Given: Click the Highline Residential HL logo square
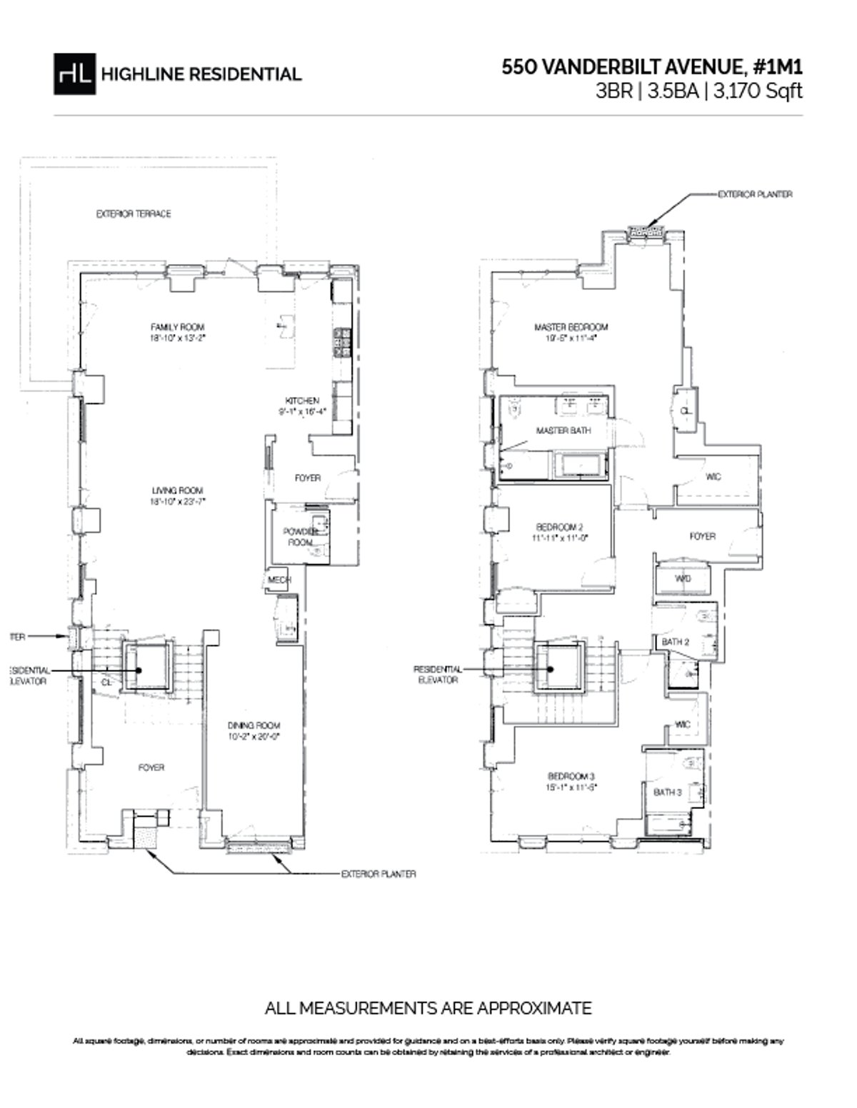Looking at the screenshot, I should pyautogui.click(x=74, y=74).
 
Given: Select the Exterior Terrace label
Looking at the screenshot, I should pyautogui.click(x=134, y=214).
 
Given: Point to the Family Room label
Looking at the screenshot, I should pyautogui.click(x=178, y=327).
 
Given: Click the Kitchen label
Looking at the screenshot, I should pyautogui.click(x=302, y=401).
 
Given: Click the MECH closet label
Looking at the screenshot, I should pyautogui.click(x=279, y=580).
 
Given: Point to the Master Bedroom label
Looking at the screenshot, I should pyautogui.click(x=571, y=327).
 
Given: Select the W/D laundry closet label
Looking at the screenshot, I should pyautogui.click(x=683, y=579).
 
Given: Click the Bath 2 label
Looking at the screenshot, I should pyautogui.click(x=675, y=642).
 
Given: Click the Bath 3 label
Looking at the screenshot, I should pyautogui.click(x=668, y=792).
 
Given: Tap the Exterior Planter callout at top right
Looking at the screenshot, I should pyautogui.click(x=754, y=194).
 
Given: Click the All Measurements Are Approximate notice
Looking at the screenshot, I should pyautogui.click(x=428, y=1008).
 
